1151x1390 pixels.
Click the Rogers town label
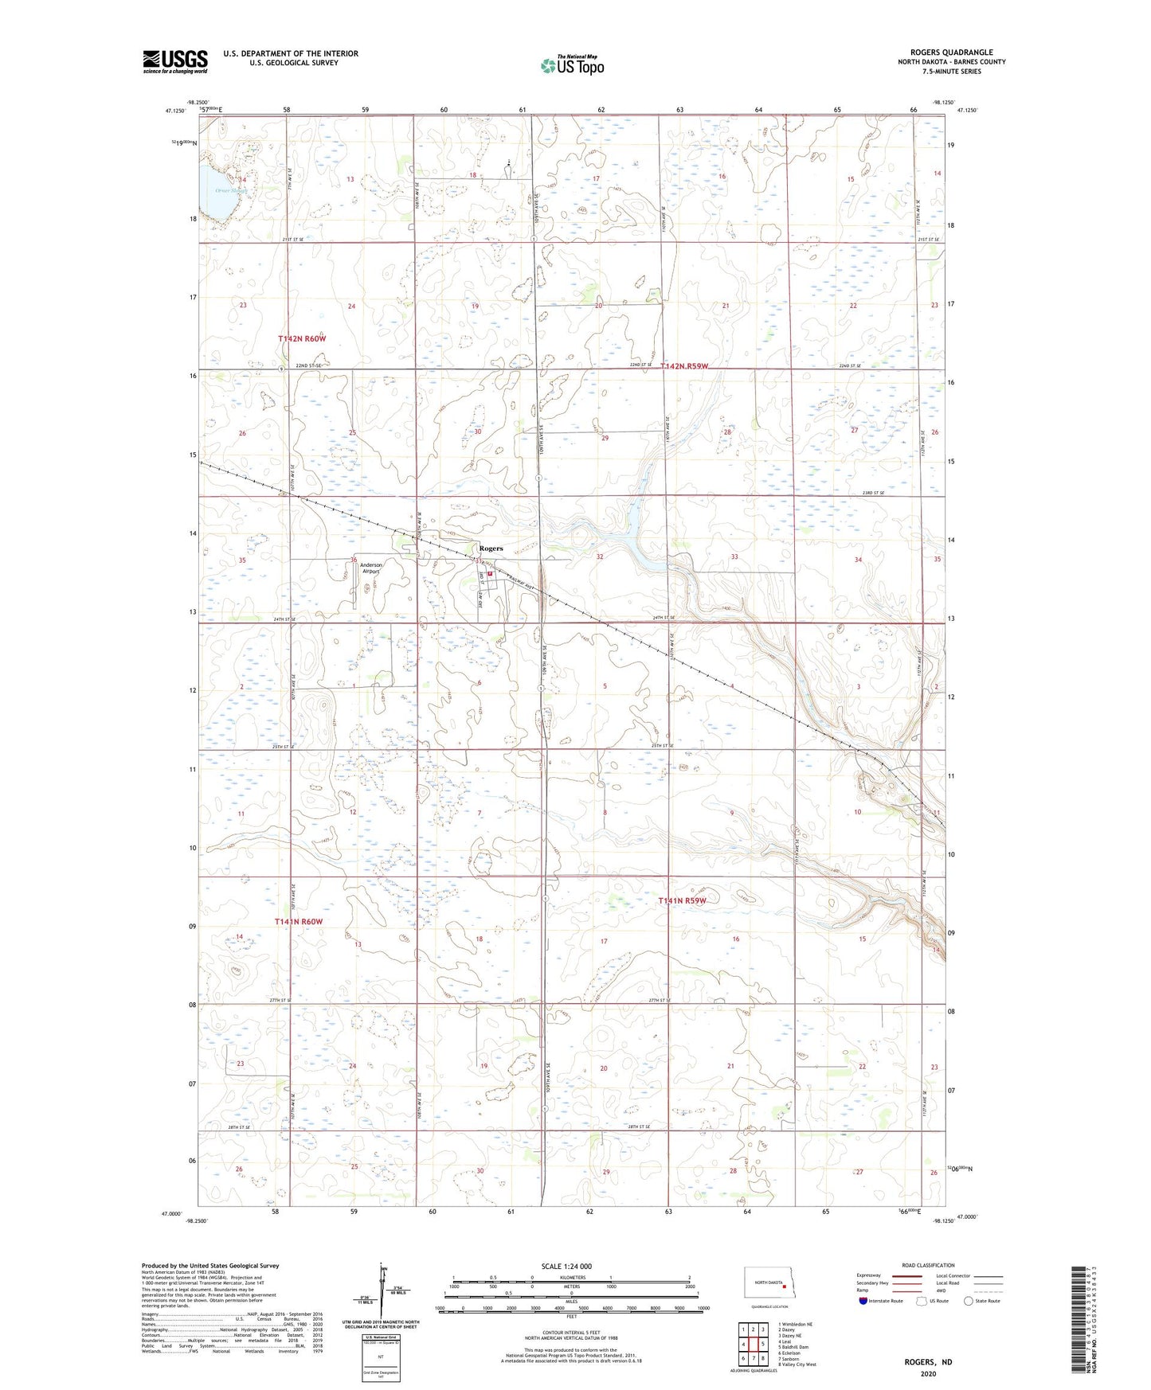tap(491, 549)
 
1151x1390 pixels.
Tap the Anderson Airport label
tap(371, 568)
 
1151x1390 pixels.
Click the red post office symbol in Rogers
tap(491, 574)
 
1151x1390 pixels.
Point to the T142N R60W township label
tap(302, 338)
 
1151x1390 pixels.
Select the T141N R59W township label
tap(683, 900)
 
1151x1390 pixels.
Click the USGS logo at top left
tap(175, 61)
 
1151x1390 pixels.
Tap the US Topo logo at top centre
tap(572, 65)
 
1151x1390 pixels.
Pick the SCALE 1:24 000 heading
tap(566, 1267)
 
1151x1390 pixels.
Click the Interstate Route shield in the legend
tap(864, 1301)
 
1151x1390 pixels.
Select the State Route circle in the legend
tap(968, 1301)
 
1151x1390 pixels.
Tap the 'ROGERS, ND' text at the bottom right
tap(928, 1362)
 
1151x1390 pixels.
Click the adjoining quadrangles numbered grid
tap(753, 1345)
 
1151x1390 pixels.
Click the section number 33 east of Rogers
tap(734, 557)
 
